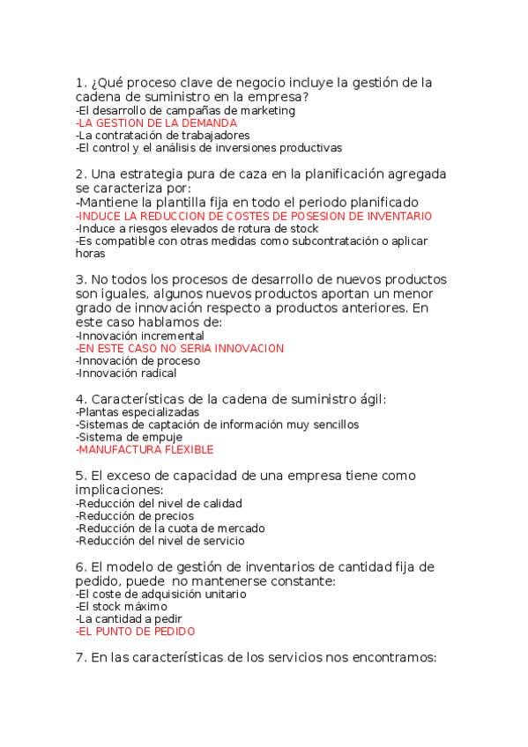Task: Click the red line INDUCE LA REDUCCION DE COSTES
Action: (254, 216)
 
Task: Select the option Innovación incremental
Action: (140, 336)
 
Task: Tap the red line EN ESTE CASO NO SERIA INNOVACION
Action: (180, 348)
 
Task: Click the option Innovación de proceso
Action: (138, 360)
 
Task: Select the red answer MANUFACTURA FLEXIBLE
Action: (145, 449)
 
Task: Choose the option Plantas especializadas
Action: (138, 412)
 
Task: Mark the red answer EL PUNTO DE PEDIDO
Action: (136, 632)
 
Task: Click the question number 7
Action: (80, 659)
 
